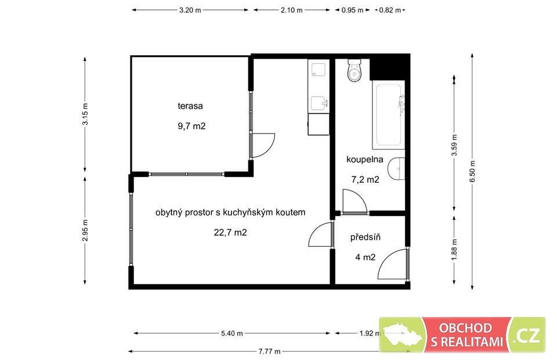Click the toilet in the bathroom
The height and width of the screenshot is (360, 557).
tap(354, 70)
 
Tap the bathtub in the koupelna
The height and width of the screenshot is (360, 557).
tap(389, 114)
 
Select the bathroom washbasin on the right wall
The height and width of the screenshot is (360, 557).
tap(396, 168)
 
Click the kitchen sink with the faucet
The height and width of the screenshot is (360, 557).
tap(319, 104)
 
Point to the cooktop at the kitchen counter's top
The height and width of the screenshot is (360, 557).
tap(319, 70)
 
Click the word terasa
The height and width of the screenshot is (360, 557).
tap(190, 106)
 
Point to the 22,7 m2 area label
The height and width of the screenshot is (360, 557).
tap(230, 232)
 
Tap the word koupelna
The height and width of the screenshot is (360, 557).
tap(365, 159)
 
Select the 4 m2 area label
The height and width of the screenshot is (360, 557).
tap(365, 257)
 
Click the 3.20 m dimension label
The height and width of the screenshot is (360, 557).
tap(190, 10)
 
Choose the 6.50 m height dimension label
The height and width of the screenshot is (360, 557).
tap(472, 171)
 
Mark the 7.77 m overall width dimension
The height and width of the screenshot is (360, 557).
tap(270, 351)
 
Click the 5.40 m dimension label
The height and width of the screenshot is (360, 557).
tap(232, 333)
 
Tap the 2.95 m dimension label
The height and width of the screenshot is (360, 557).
tap(85, 231)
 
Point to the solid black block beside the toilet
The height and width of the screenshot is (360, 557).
tap(389, 67)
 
